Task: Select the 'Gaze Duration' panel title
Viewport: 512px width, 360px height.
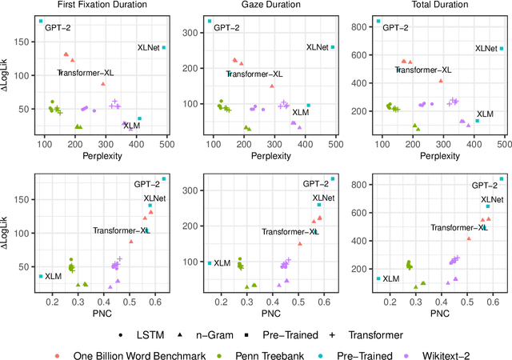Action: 269,6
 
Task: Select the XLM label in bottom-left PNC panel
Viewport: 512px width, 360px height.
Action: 53,277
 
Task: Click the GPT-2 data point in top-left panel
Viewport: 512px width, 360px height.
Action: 41,21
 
